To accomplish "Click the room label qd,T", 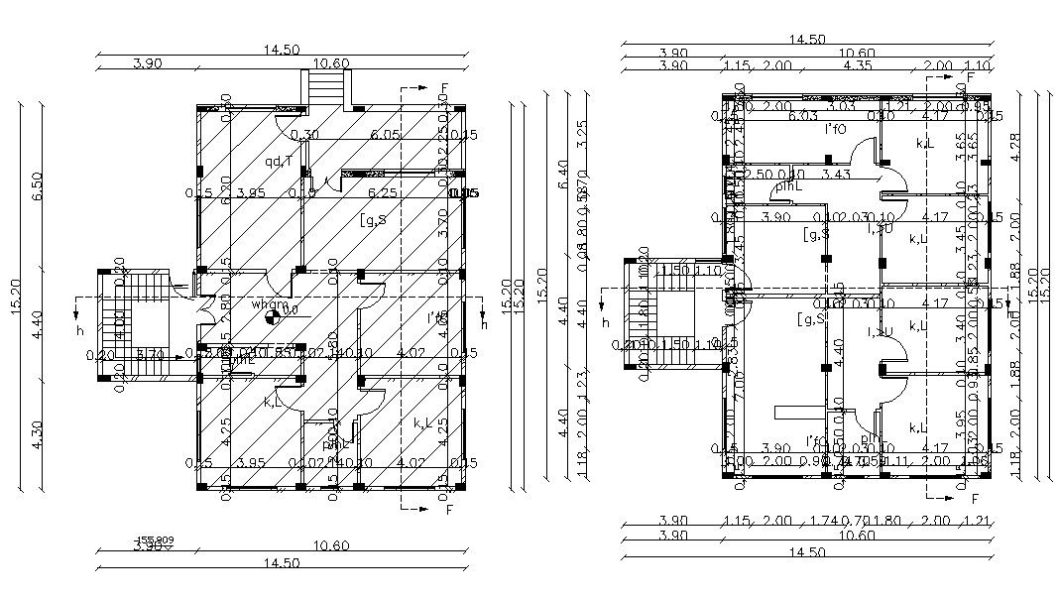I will click(278, 162).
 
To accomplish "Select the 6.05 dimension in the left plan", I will click(385, 134).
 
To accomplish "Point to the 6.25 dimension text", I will click(385, 192).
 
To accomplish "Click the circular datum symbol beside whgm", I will click(273, 317).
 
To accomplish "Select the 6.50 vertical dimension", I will click(38, 185).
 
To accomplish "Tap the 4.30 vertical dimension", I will click(38, 437).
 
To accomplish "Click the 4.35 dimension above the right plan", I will click(857, 65).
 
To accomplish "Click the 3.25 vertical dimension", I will click(583, 132).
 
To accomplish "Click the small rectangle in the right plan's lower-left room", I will click(796, 410).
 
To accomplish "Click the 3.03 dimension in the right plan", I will click(841, 106).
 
